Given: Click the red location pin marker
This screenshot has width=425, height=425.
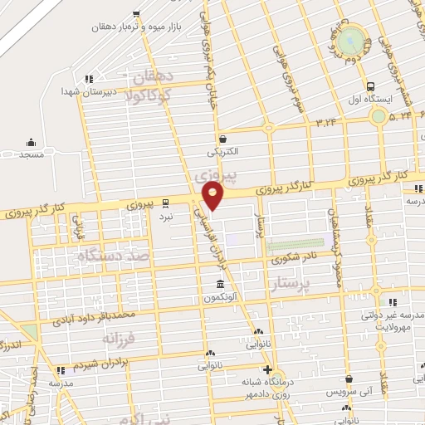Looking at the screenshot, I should (213, 197).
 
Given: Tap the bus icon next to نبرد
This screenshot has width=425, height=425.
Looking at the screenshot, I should (165, 201).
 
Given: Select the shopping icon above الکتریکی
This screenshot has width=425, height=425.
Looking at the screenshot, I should (222, 139).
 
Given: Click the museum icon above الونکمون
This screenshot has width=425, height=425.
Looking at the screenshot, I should (219, 284).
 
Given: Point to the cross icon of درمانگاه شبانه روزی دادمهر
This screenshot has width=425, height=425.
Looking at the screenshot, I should (266, 370).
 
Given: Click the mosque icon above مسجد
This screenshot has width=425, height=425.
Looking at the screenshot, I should (31, 142).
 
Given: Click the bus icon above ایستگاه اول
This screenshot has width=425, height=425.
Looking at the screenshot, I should (371, 85).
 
